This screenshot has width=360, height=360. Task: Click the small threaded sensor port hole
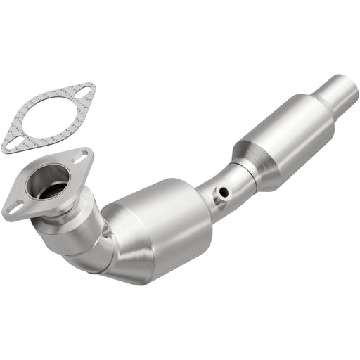pos(224,192)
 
